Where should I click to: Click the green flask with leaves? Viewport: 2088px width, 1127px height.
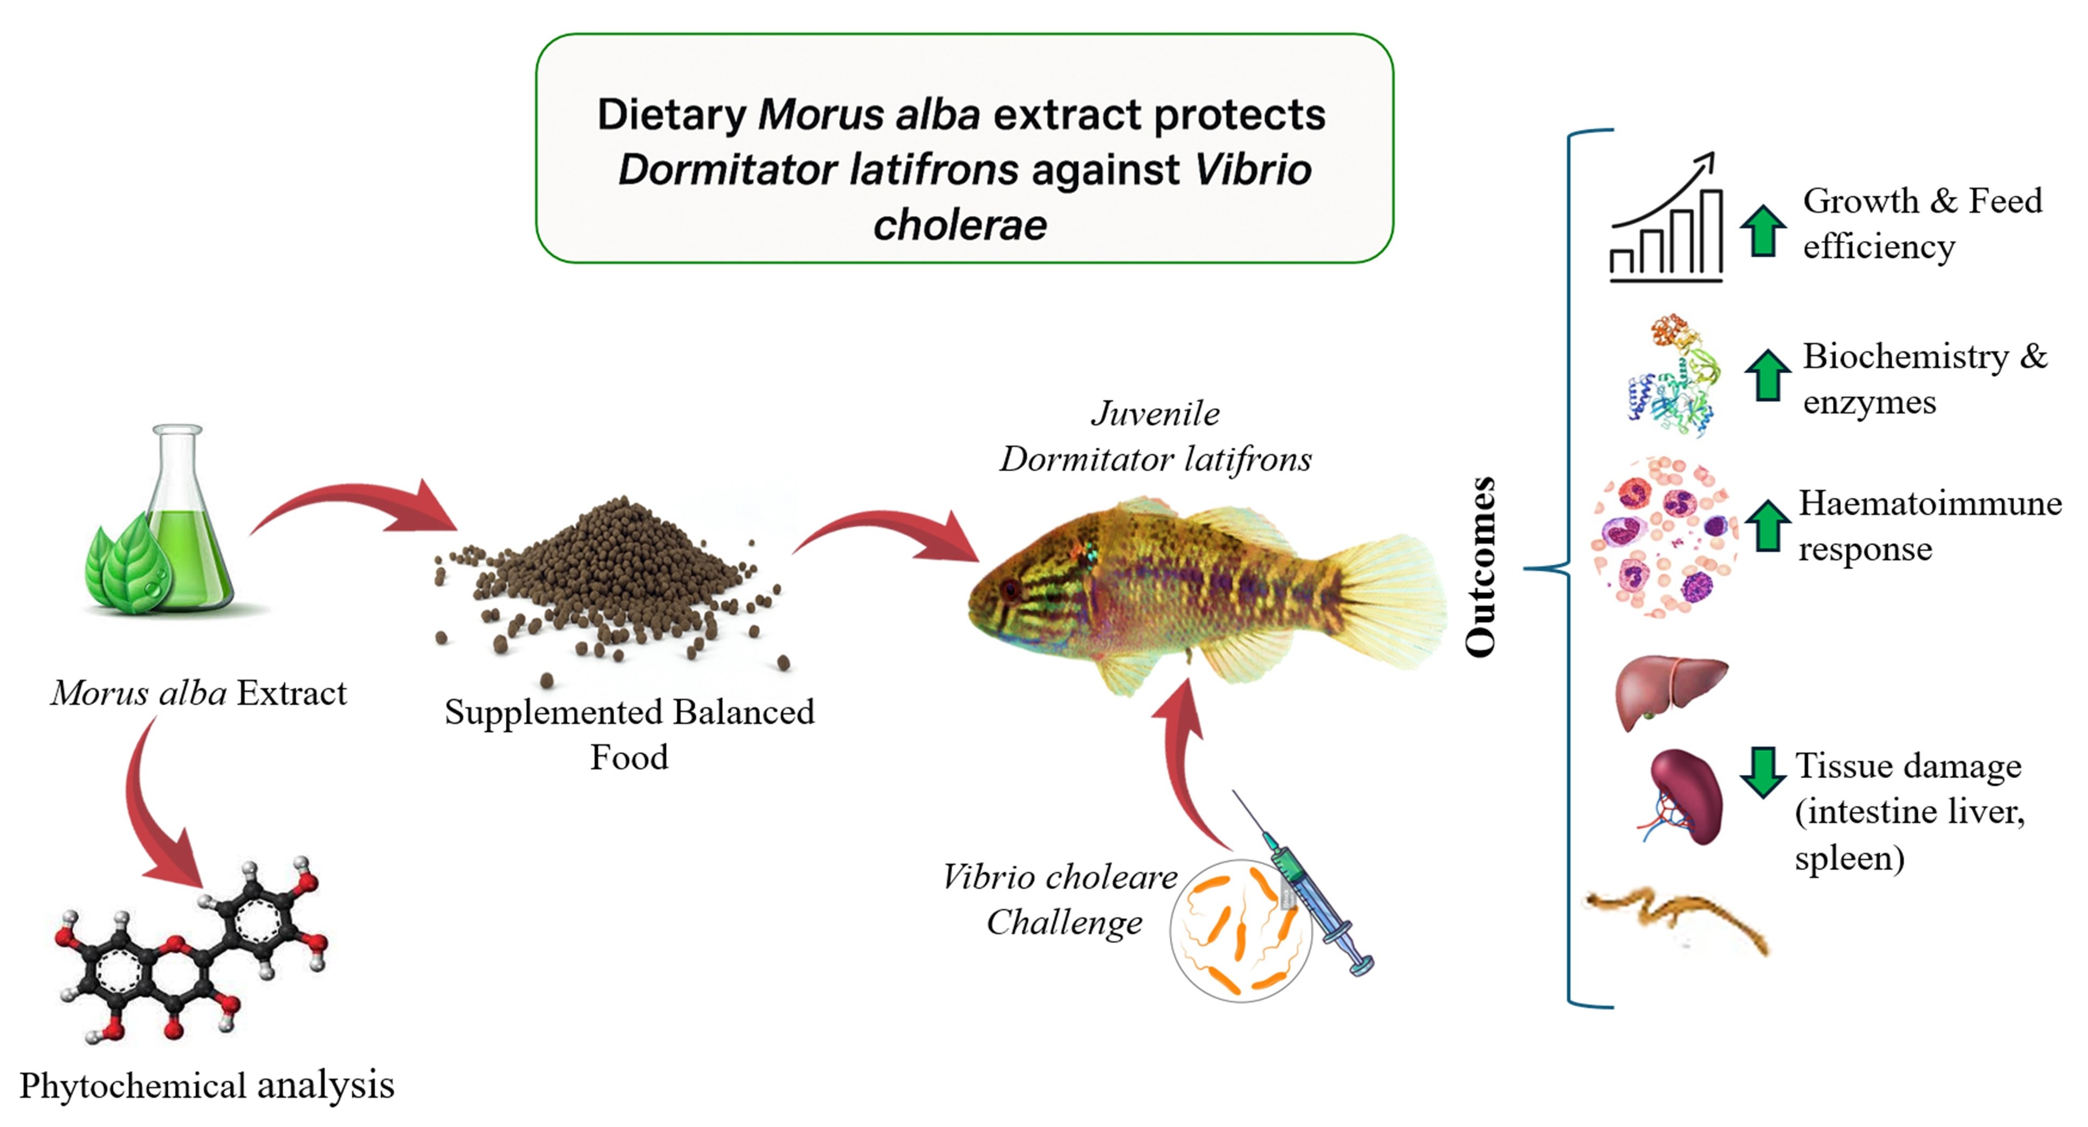166,527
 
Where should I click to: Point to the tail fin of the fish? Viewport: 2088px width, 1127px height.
1390,600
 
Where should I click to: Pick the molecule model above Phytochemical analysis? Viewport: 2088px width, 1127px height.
190,949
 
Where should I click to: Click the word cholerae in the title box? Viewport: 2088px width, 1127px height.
960,224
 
